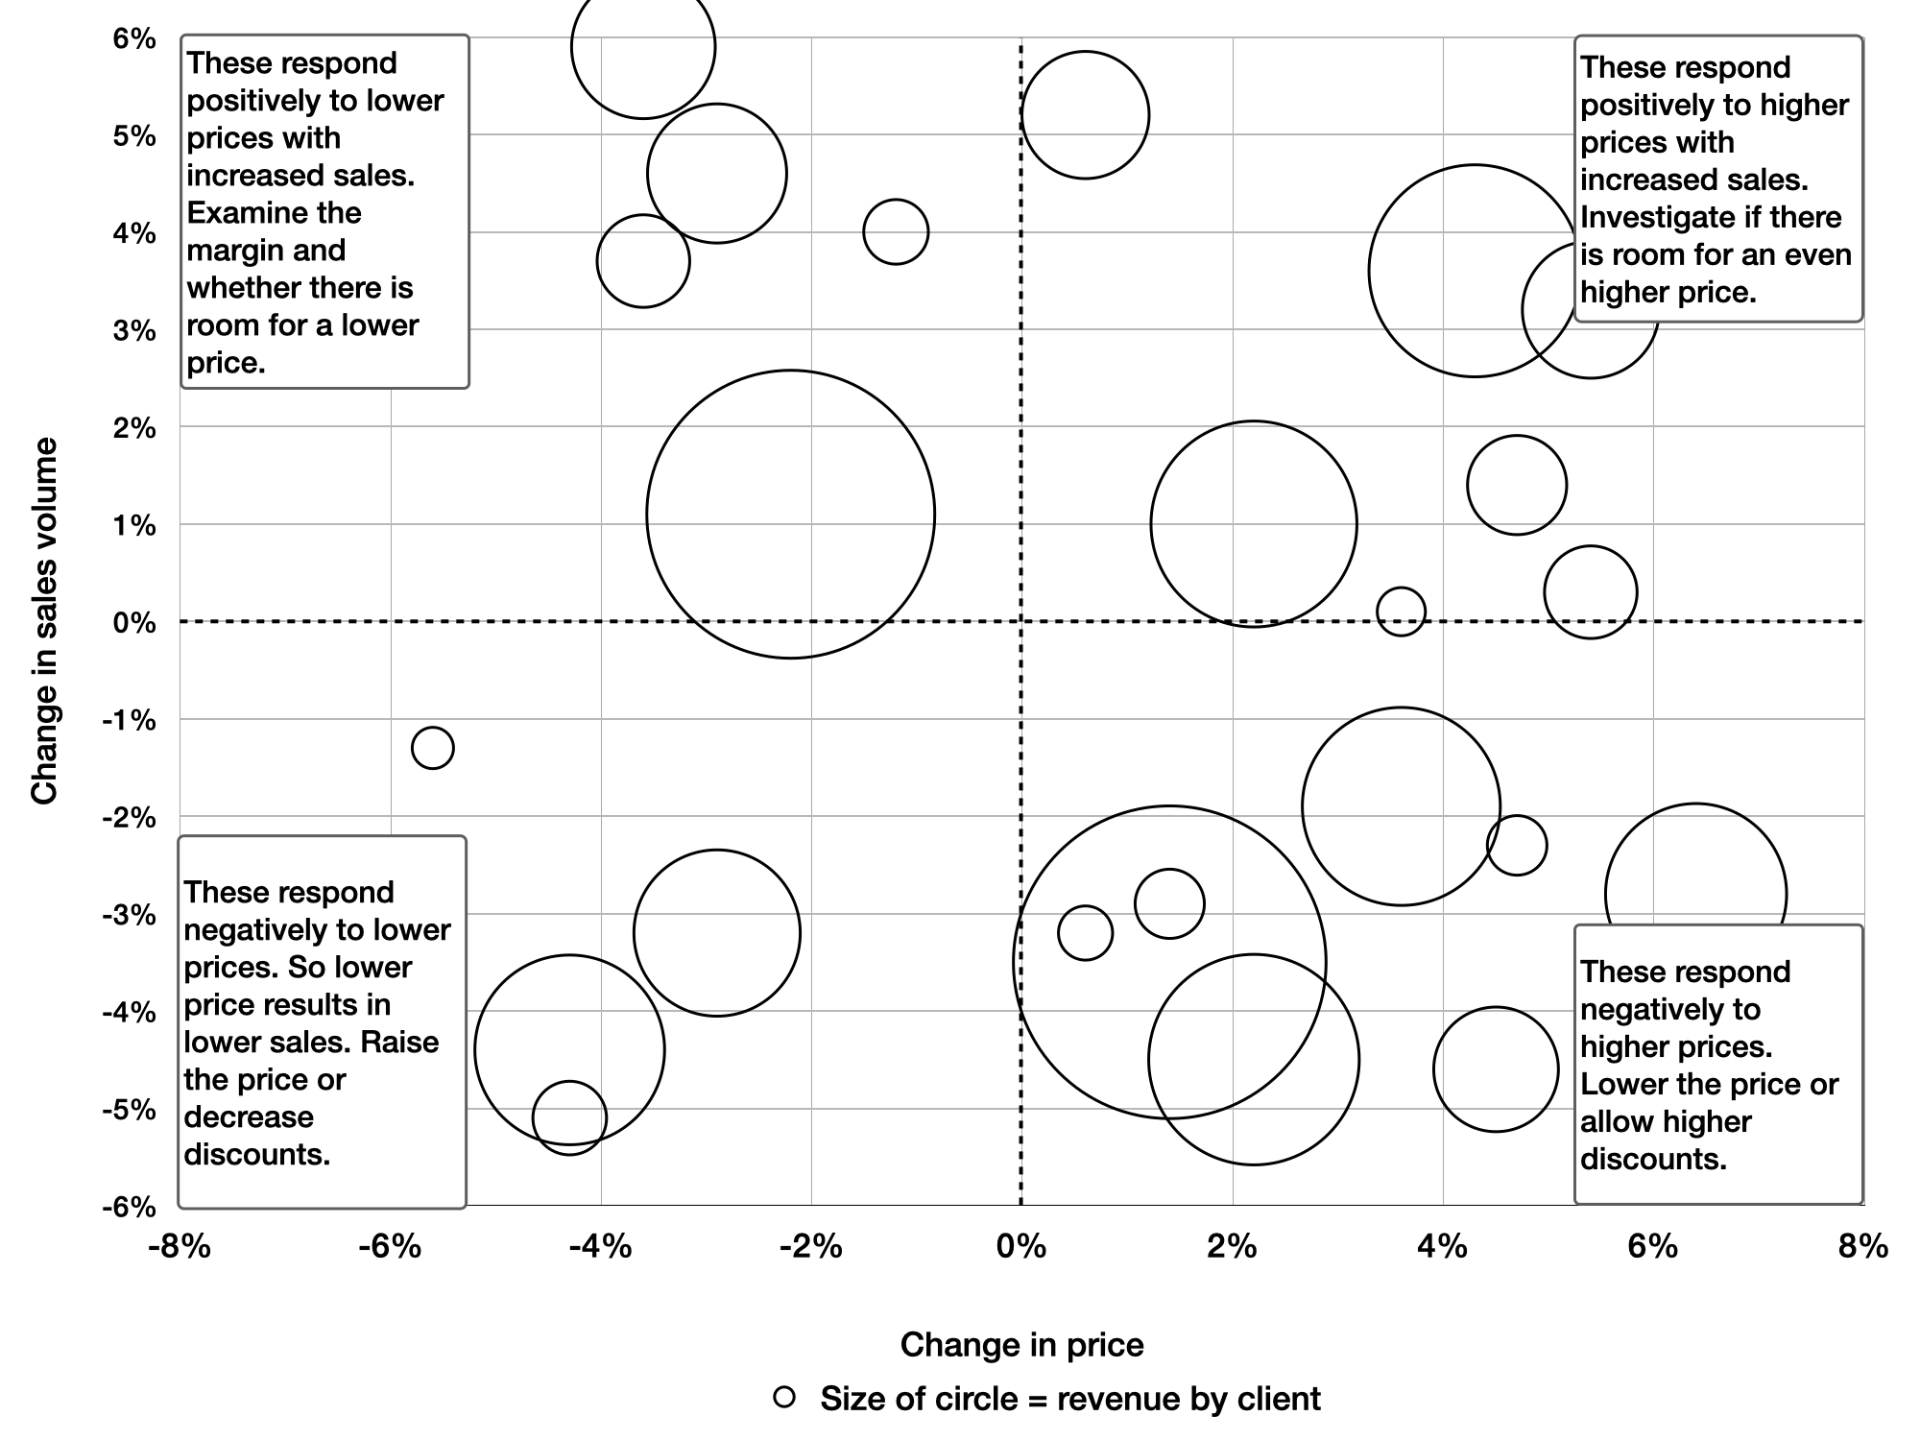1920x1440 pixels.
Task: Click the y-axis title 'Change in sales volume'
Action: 45,621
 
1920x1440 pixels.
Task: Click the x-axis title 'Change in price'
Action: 1021,1345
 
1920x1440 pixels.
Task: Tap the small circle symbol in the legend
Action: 784,1397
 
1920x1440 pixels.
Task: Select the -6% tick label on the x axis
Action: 390,1246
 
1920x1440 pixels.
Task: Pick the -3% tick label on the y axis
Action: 129,915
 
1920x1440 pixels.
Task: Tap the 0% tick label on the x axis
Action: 1020,1246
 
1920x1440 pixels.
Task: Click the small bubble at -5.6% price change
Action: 432,729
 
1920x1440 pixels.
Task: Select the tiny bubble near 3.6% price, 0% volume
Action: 1401,588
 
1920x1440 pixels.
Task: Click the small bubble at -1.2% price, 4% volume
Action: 896,200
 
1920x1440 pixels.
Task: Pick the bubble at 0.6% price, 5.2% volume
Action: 1085,52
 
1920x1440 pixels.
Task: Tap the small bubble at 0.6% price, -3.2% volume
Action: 1085,906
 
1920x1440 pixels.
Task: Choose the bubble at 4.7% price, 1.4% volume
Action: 1517,437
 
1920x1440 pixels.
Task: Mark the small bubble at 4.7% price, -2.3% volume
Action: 1517,816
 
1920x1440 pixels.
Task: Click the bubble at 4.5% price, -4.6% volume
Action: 1496,1008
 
